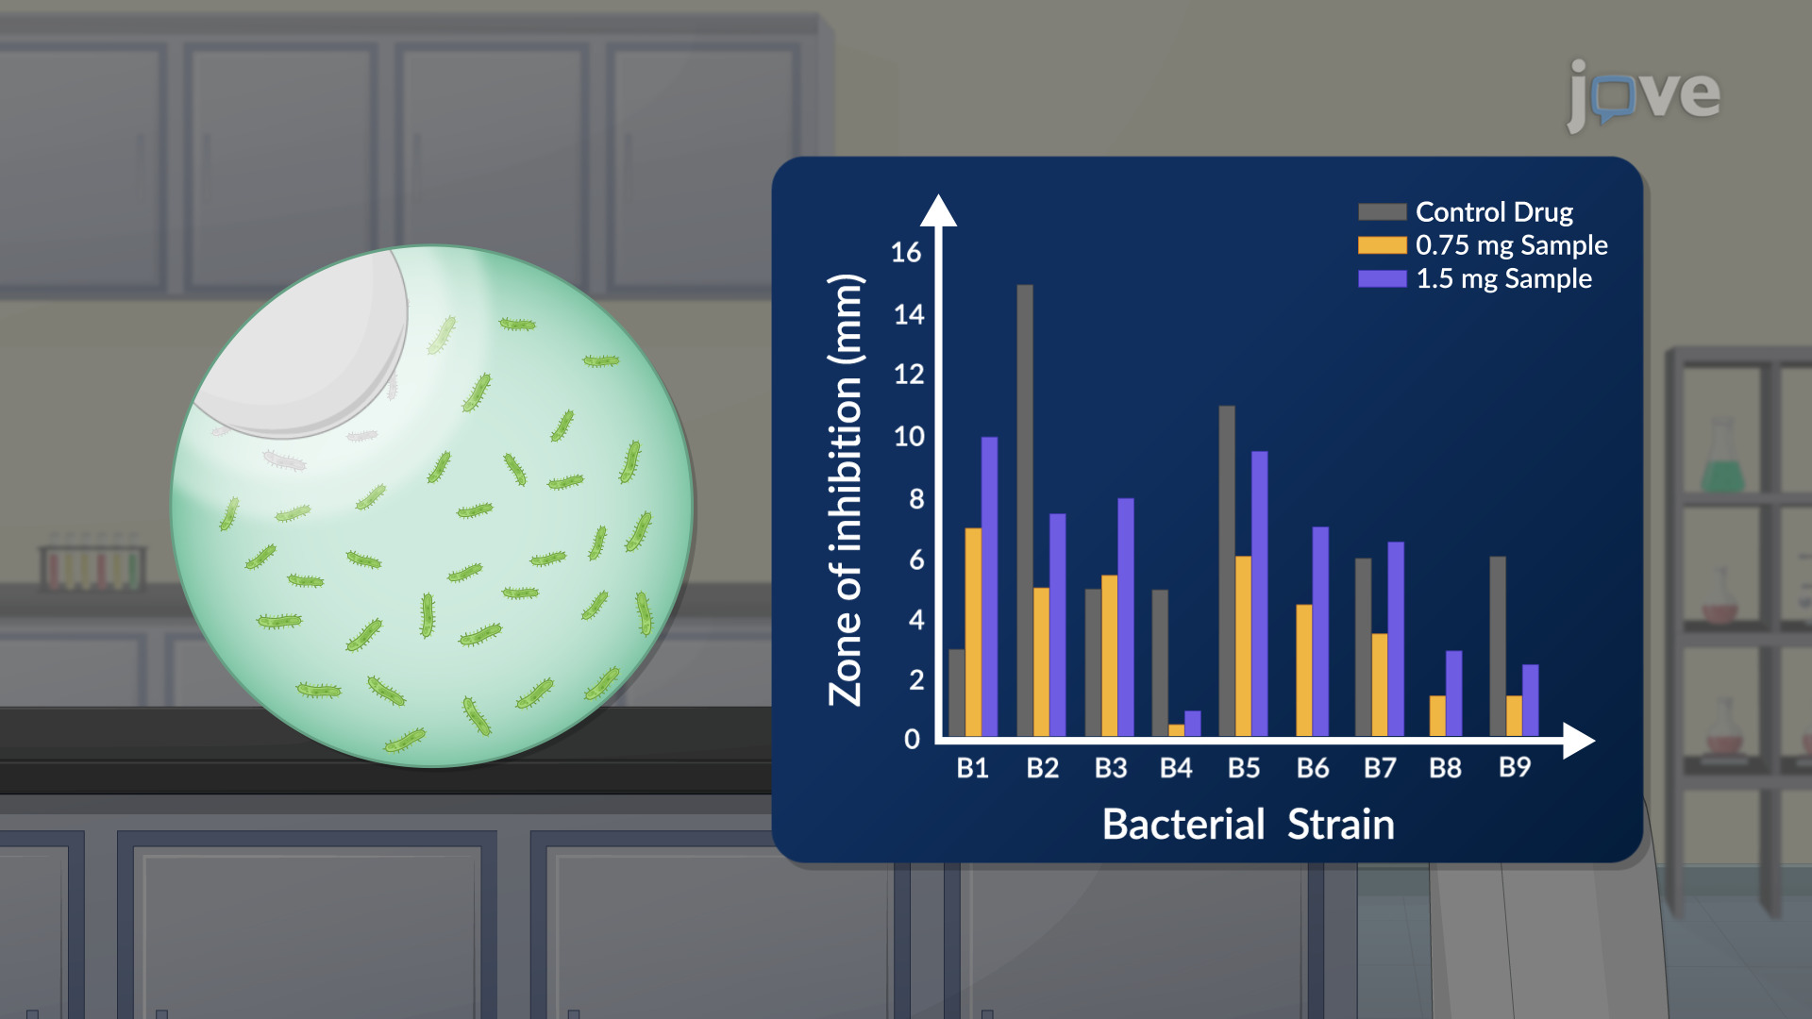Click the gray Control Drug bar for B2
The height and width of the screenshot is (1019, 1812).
point(1025,510)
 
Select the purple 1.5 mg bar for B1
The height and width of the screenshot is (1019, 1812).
point(989,587)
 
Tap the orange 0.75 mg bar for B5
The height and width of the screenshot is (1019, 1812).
point(1243,646)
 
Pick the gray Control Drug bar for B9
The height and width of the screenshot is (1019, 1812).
point(1498,646)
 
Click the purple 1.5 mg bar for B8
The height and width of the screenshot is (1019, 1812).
point(1453,693)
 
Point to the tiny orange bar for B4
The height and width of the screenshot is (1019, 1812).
point(1176,730)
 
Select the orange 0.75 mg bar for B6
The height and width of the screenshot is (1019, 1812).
point(1304,670)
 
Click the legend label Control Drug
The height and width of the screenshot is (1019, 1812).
point(1494,212)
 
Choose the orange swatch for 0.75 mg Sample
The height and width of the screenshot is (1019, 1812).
point(1382,245)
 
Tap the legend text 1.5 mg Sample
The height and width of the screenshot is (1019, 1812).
point(1503,278)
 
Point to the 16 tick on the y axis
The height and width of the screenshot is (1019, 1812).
point(906,252)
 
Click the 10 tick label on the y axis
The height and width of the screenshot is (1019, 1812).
point(909,436)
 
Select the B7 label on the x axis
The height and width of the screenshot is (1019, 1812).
point(1380,768)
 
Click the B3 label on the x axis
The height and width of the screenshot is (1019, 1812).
point(1111,768)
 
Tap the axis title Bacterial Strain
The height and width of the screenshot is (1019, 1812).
point(1248,824)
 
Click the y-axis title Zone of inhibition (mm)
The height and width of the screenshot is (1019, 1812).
point(846,490)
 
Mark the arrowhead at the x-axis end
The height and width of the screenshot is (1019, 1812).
point(1594,741)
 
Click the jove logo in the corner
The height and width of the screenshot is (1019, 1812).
point(1643,95)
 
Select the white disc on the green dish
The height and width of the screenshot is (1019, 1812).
point(300,343)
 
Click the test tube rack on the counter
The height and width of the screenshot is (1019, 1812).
point(92,563)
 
